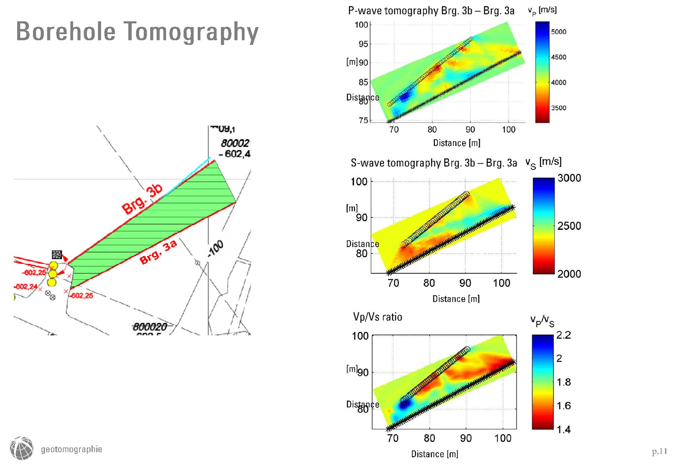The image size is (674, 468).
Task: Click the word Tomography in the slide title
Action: pos(191,32)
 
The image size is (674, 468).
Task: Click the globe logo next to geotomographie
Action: pos(22,448)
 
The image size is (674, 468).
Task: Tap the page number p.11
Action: pos(660,451)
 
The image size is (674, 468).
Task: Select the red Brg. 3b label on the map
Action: pos(142,199)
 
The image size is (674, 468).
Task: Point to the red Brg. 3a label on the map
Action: pos(158,252)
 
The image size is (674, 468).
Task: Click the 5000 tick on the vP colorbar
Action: pos(558,32)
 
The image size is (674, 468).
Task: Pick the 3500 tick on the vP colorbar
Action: pos(558,108)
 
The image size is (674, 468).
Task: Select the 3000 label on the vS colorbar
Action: pos(569,178)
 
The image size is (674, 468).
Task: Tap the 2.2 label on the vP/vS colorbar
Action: pos(563,335)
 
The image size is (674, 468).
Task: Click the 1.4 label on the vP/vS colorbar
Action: pos(563,429)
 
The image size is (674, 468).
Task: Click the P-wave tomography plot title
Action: pos(431,11)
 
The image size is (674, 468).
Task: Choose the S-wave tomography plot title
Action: pos(433,163)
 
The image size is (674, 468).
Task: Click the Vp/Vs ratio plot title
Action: pos(377,317)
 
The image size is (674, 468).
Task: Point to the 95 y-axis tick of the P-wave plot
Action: pos(363,44)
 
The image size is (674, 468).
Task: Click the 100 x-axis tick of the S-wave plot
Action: pos(501,283)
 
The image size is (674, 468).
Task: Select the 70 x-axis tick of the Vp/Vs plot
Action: pos(393,438)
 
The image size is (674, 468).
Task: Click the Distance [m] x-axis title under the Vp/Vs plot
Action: pos(434,454)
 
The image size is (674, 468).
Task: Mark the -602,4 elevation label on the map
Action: pos(234,154)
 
